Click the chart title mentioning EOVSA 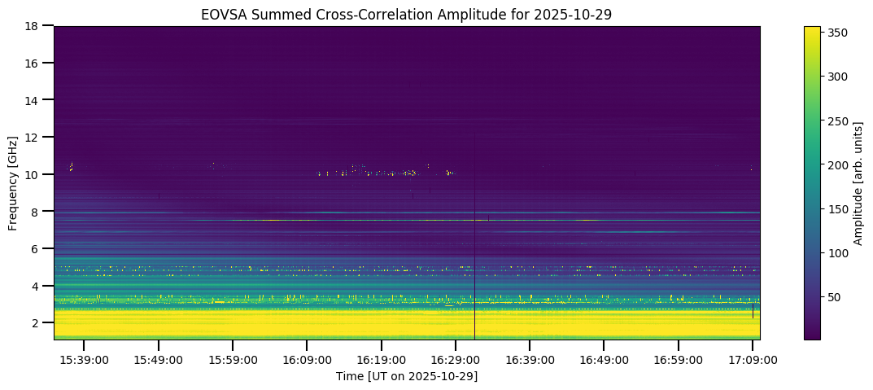(407, 14)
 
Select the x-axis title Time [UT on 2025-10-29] (407, 376)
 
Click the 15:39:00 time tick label (85, 359)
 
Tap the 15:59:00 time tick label (233, 359)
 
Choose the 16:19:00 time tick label (382, 359)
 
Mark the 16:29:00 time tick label (456, 359)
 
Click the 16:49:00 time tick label (604, 359)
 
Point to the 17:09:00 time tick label (753, 359)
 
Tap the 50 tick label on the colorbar (835, 298)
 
